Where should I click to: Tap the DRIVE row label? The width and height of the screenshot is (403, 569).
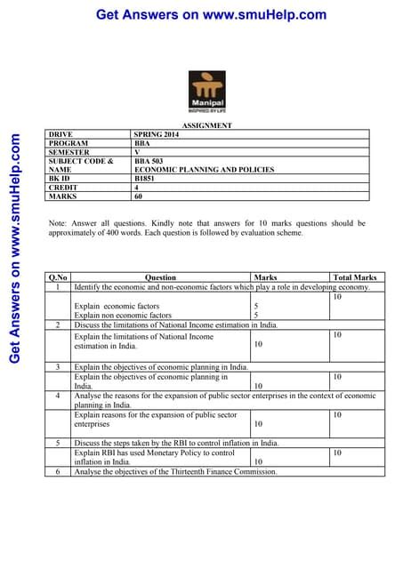(61, 134)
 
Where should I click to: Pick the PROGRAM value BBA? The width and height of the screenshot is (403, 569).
(141, 143)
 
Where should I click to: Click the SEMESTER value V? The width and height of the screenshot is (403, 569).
(136, 152)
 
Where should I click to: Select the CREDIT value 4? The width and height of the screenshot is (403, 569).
(136, 188)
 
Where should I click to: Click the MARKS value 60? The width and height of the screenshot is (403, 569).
(140, 196)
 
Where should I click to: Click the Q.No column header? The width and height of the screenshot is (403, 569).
(58, 278)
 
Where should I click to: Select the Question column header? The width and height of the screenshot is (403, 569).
(160, 278)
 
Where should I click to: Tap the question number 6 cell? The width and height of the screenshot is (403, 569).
(58, 472)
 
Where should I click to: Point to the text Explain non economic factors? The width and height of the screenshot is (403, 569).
(123, 315)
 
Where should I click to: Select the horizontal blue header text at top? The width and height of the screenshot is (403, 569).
(211, 14)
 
